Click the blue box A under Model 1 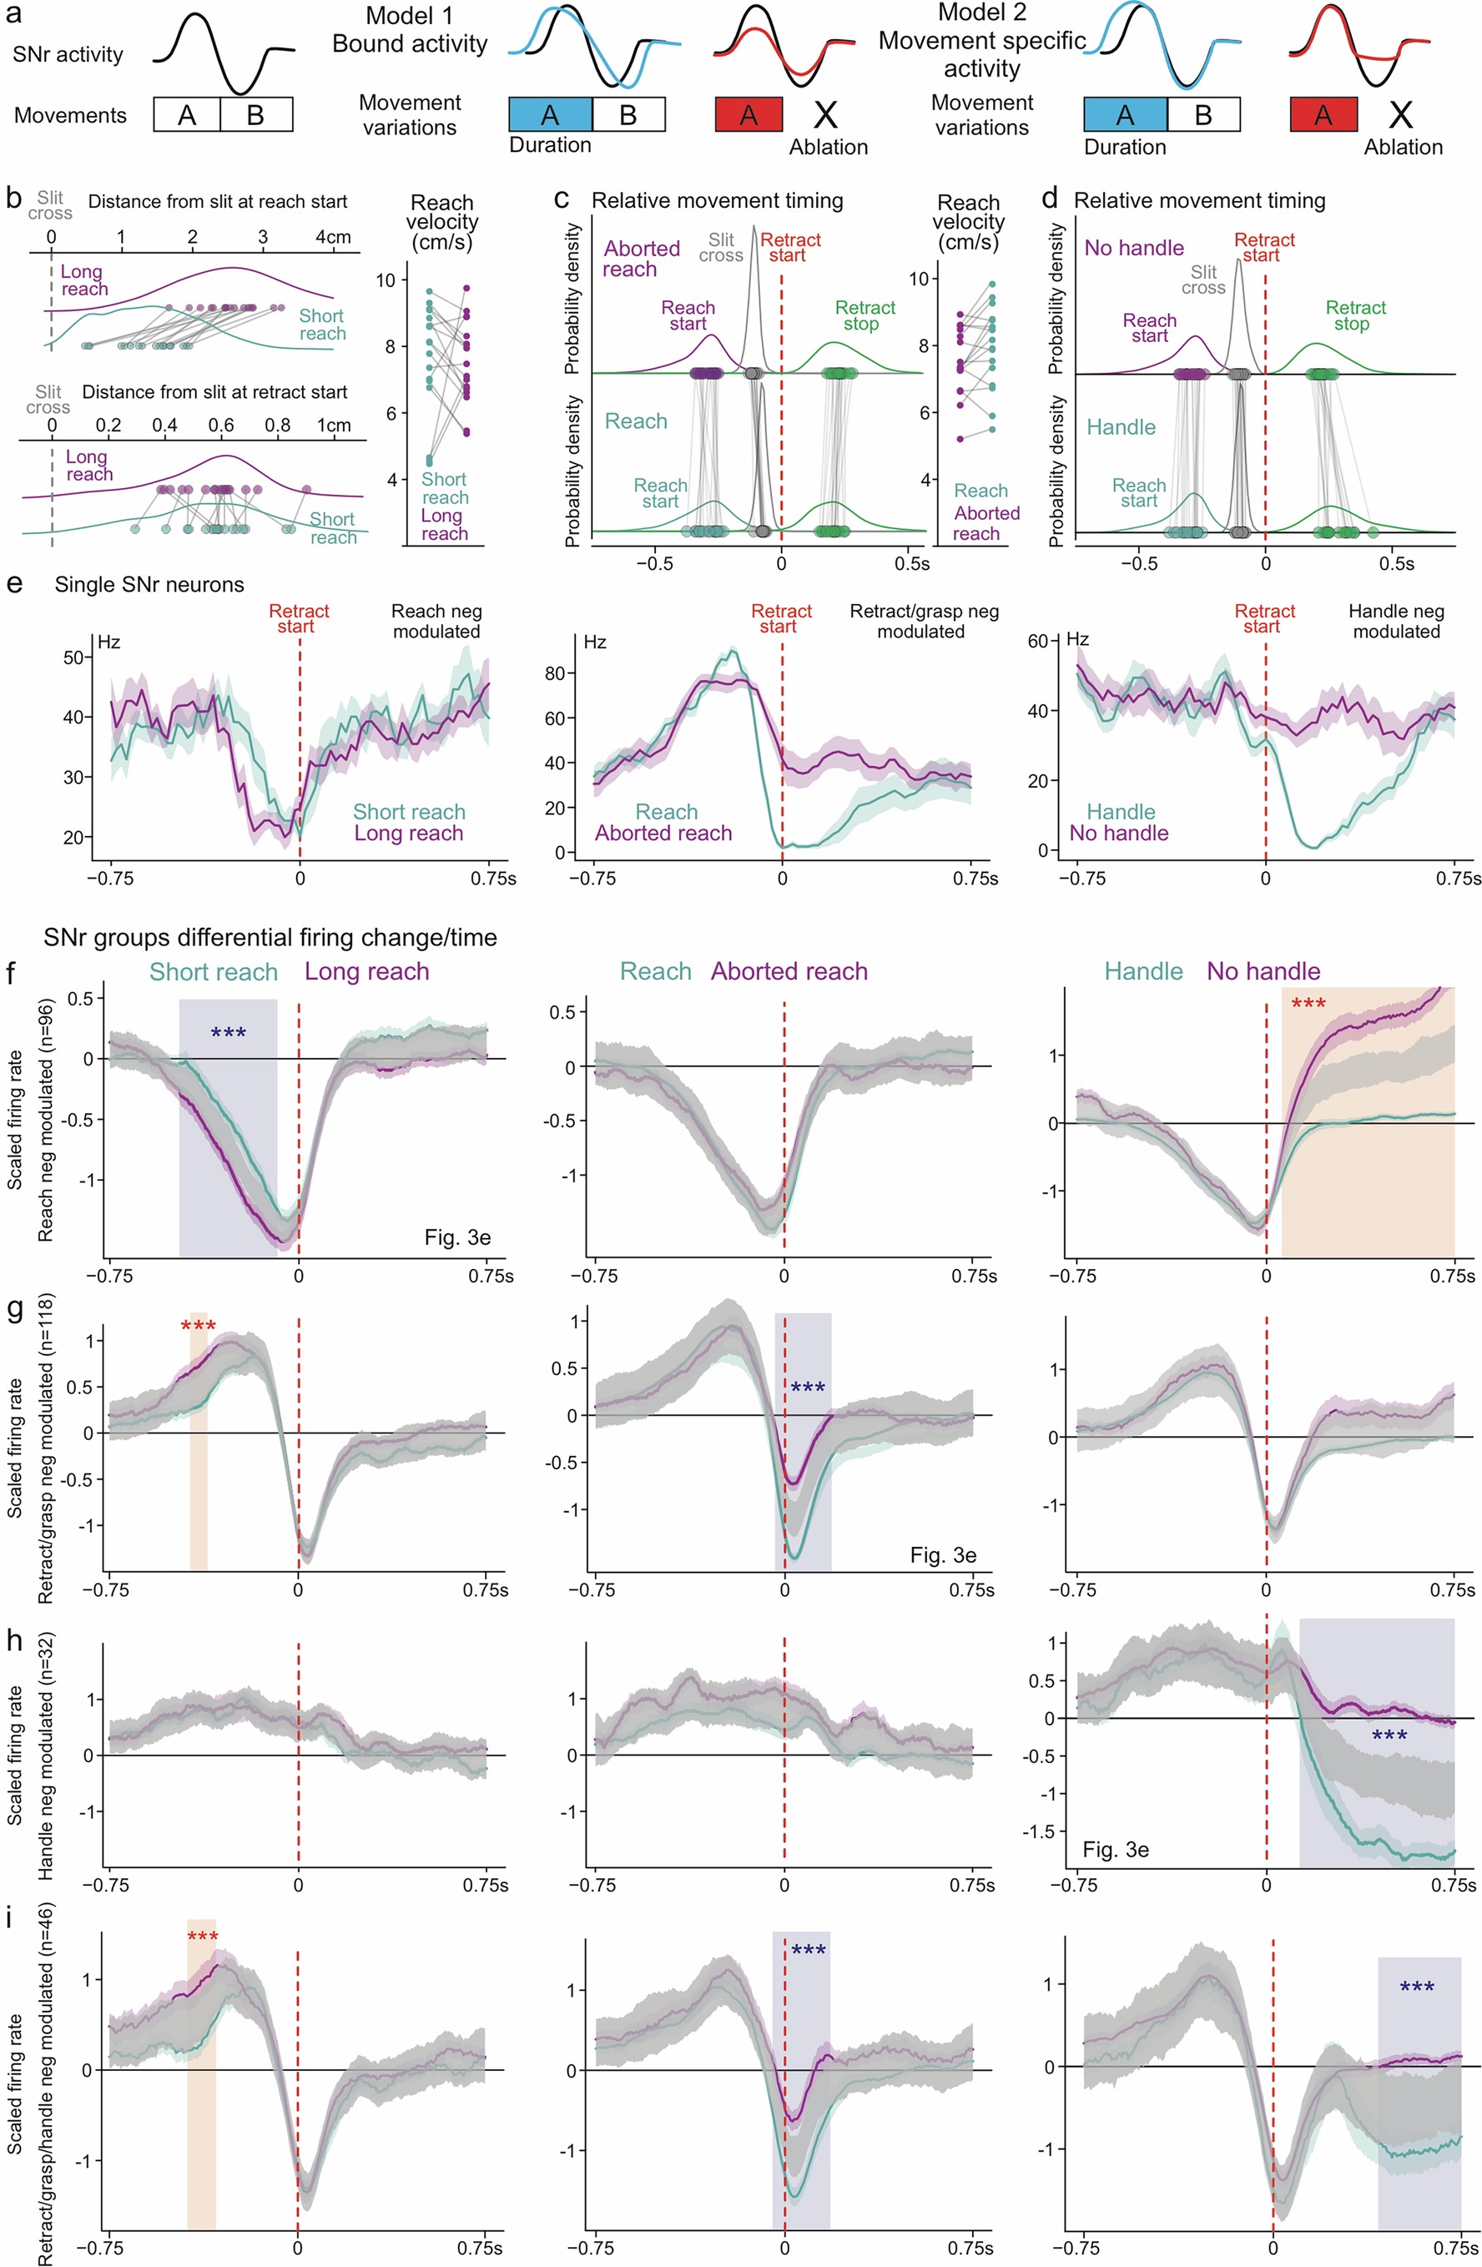pos(550,114)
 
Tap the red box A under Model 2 pos(1323,114)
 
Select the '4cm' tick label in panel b pos(332,236)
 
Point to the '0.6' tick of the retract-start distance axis pos(221,425)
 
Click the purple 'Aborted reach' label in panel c pos(641,258)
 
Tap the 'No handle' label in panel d pos(1133,248)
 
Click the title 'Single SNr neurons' pos(149,585)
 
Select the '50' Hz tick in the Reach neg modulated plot pos(73,657)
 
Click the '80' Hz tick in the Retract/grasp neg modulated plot pos(553,673)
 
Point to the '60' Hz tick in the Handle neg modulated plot pos(1036,641)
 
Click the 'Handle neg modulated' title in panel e pos(1395,621)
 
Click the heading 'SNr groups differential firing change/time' pos(270,937)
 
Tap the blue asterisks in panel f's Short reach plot pos(228,1034)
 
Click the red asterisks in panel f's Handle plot pos(1308,1004)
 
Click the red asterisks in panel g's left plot pos(198,1327)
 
